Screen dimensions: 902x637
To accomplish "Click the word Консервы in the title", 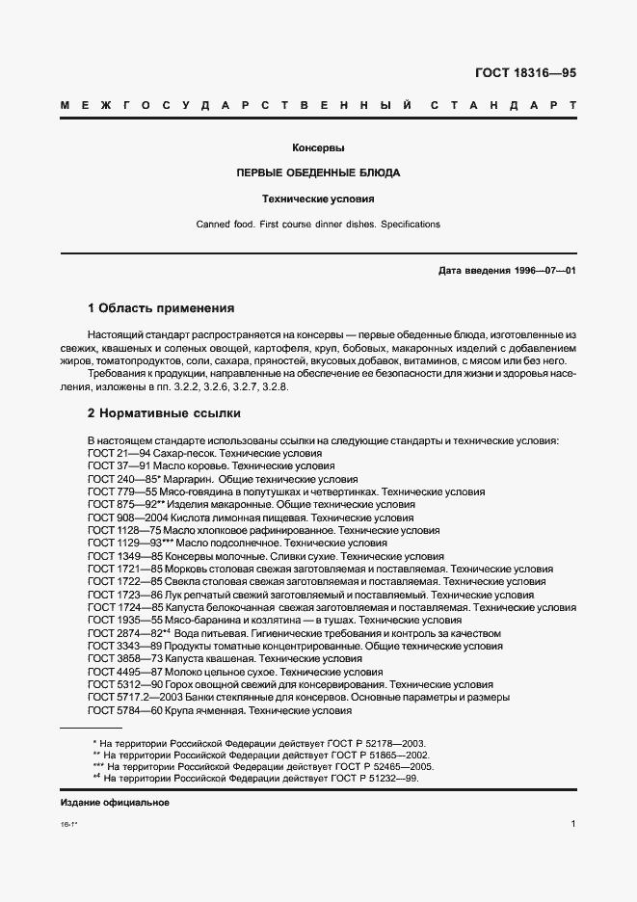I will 318,148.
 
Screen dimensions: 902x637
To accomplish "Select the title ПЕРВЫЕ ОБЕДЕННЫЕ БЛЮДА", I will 318,173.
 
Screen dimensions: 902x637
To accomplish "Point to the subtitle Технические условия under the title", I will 318,199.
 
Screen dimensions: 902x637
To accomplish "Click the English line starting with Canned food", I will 318,225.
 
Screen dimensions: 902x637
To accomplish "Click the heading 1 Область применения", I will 161,308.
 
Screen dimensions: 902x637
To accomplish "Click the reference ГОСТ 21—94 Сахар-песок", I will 204,453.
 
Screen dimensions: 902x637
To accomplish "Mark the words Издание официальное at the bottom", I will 115,803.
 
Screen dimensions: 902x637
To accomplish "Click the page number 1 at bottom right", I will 572,824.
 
